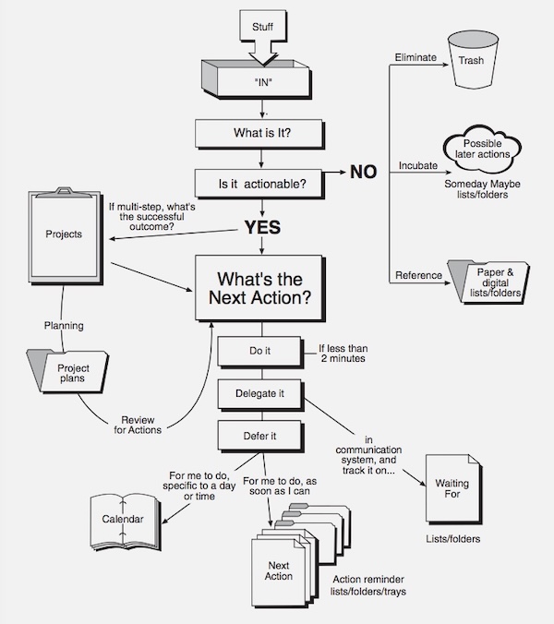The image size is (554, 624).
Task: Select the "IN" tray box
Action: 257,79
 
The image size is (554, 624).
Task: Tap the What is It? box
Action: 259,134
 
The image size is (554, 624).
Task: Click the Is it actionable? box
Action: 259,184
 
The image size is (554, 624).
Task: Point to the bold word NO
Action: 364,172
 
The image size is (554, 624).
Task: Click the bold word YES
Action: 262,227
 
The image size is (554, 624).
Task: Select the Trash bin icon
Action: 473,60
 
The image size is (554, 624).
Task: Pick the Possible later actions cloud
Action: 482,149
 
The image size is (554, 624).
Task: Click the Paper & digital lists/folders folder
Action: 488,282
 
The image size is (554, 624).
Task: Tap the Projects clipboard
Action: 66,235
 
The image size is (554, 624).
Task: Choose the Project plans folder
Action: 67,371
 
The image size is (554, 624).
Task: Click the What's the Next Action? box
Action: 260,288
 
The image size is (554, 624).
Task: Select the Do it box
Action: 260,352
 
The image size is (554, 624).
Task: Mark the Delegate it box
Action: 260,394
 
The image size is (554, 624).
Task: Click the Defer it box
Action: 260,437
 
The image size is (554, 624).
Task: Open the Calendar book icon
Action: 125,522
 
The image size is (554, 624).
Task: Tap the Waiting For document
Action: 453,489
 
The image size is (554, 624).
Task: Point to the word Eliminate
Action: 415,57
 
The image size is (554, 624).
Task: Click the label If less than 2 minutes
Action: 343,354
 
